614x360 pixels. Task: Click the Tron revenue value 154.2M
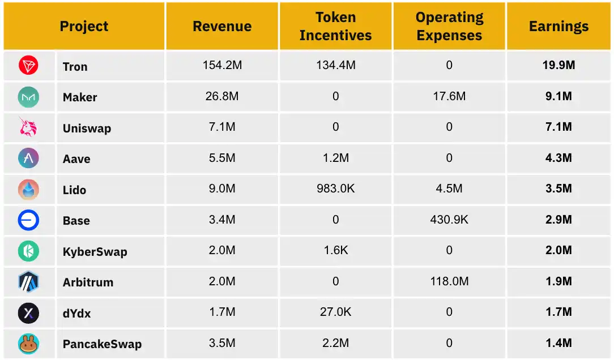click(x=222, y=66)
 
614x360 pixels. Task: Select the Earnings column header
click(x=558, y=27)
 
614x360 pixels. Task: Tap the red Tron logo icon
click(x=28, y=66)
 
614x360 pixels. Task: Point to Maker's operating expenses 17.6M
click(x=449, y=97)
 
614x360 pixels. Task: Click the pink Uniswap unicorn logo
click(x=28, y=127)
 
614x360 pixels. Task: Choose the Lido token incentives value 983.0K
click(x=335, y=189)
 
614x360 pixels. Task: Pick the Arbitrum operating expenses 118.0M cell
click(x=449, y=281)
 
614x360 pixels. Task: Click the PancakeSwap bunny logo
click(x=28, y=343)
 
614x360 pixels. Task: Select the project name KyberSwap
click(x=95, y=252)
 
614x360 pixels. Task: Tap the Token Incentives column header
click(x=335, y=27)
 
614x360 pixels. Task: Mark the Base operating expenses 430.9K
click(x=449, y=220)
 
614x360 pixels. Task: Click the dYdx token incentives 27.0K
click(x=335, y=312)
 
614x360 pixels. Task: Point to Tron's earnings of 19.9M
click(x=558, y=66)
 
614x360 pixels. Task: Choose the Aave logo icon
click(x=28, y=158)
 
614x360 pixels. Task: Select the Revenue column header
click(x=222, y=27)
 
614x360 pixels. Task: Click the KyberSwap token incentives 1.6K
click(x=335, y=250)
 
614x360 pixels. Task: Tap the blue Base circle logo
click(x=28, y=220)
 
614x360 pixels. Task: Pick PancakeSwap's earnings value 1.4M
click(x=558, y=343)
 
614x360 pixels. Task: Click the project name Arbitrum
click(x=88, y=282)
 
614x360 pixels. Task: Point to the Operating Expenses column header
click(x=449, y=27)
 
